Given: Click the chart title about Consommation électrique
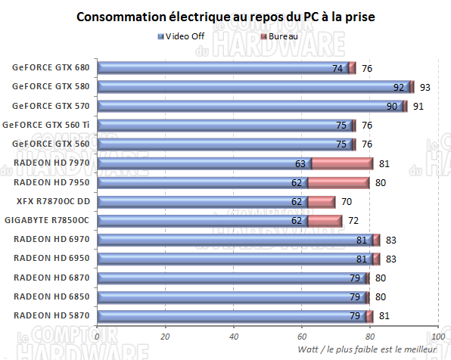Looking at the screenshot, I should (225, 17).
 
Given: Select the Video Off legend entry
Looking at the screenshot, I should (184, 36).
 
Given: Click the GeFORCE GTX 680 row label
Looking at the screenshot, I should (51, 67).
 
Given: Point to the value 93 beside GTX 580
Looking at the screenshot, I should (425, 87).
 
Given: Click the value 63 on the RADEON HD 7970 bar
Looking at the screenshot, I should (300, 163).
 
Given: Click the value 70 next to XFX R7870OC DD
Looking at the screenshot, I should (347, 201).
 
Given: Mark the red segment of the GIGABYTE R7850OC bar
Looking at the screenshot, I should (325, 220).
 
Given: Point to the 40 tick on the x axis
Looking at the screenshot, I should (234, 337).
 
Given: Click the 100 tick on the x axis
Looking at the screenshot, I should (437, 337).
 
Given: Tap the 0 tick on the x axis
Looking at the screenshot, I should (98, 337).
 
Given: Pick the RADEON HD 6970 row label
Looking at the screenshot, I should (51, 239).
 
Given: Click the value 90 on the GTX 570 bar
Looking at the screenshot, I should (392, 106).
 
